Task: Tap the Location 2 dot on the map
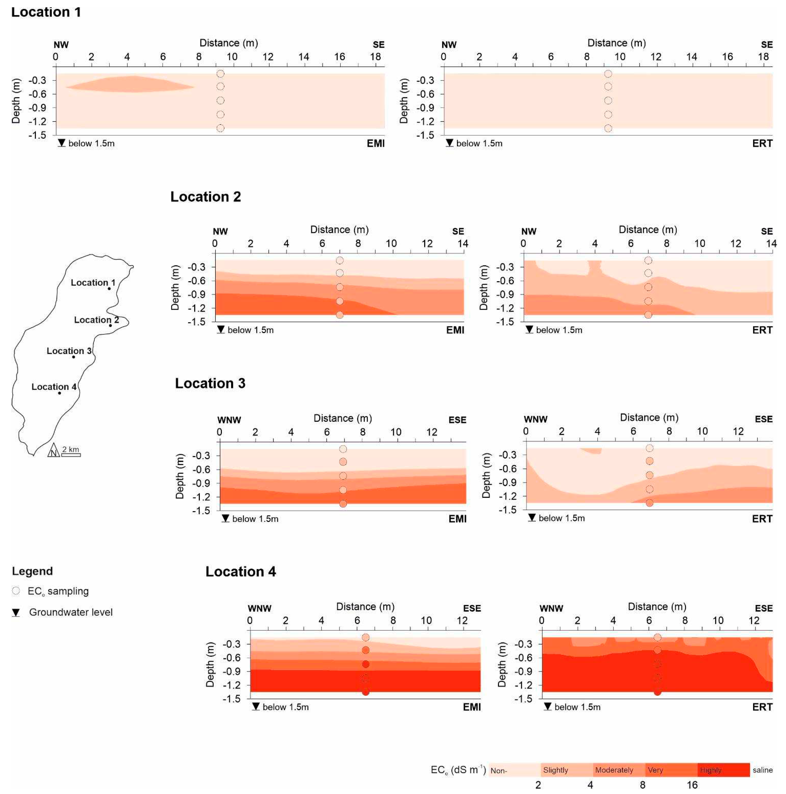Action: tap(110, 325)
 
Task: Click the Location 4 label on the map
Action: tap(53, 387)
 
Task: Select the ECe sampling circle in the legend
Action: tap(16, 591)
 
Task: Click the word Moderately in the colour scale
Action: tap(614, 770)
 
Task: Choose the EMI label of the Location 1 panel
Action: tap(375, 143)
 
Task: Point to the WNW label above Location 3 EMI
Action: tap(229, 420)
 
